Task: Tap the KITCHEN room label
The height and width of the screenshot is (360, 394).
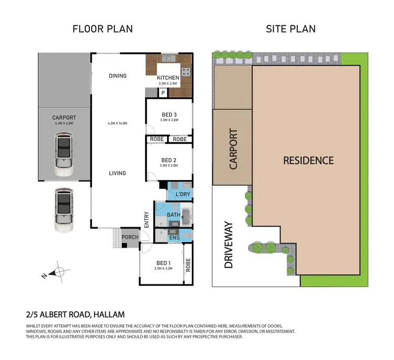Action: coord(168,78)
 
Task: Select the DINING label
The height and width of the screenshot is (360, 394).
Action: coord(118,76)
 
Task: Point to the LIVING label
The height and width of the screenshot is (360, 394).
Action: coord(118,173)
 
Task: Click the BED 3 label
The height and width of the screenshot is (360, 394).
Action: coord(169,114)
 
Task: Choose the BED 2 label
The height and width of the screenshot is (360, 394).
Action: coord(169,160)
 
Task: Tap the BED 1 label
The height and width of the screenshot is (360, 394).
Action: coord(163,263)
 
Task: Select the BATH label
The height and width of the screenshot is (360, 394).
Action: coord(173,215)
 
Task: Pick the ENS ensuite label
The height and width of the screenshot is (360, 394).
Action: coord(174,238)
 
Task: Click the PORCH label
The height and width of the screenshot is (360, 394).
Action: coord(130,237)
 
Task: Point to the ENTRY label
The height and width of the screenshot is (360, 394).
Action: coord(147,219)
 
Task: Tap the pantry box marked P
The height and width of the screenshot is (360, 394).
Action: coord(163,92)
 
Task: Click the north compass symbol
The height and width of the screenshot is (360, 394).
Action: coord(58,272)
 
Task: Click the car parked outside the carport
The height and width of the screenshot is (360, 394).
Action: coord(63,210)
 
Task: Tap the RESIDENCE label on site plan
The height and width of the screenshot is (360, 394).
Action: coord(308,160)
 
